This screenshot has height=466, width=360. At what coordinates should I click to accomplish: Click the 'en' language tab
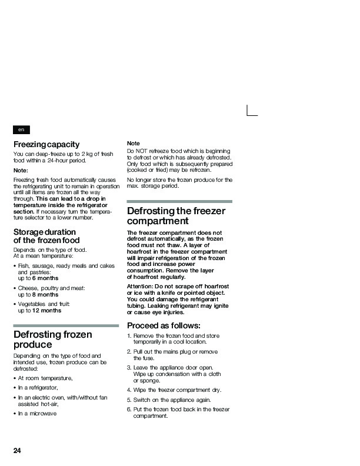[21, 129]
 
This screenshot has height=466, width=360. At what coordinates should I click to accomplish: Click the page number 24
[18, 451]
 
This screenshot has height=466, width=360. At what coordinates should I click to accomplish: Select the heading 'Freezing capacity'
[46, 144]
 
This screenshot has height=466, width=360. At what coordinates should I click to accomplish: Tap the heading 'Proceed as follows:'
[164, 325]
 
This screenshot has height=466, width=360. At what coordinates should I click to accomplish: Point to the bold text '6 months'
[46, 278]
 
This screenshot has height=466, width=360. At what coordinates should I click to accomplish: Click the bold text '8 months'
[46, 294]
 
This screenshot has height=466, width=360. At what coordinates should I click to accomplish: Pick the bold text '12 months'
[47, 310]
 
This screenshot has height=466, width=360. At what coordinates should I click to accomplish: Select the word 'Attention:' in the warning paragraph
[141, 285]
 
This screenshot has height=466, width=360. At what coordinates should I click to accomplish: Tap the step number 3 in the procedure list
[129, 367]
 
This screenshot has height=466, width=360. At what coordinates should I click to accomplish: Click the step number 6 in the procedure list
[129, 409]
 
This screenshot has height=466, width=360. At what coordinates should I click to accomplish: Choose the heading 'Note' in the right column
[134, 144]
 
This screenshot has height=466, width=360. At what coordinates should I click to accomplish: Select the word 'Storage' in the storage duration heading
[29, 231]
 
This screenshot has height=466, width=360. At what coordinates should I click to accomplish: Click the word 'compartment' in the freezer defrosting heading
[158, 221]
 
